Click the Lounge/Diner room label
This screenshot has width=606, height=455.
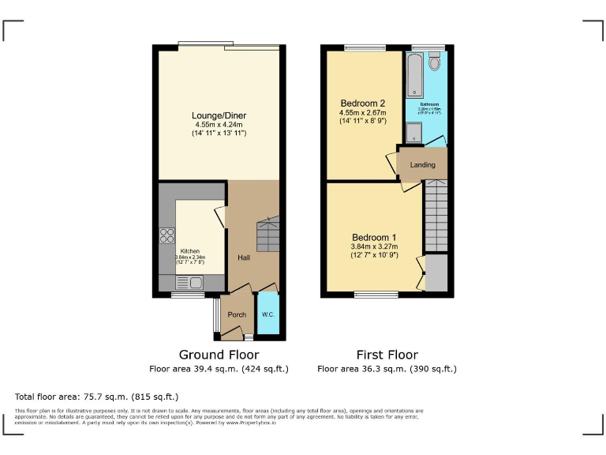[219, 115]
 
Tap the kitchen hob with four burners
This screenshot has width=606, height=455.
[167, 235]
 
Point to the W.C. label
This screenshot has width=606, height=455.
[269, 314]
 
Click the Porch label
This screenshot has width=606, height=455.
[237, 314]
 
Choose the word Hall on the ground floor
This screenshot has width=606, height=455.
[244, 258]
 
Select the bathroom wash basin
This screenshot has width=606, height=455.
[415, 137]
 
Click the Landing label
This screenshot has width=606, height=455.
[422, 164]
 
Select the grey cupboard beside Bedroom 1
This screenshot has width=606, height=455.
[436, 273]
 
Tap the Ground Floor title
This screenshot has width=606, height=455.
[219, 355]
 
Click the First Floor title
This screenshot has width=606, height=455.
[387, 355]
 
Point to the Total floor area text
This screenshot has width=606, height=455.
[97, 396]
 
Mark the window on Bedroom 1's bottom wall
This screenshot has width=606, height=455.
[376, 295]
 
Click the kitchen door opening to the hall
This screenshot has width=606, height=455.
[220, 217]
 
